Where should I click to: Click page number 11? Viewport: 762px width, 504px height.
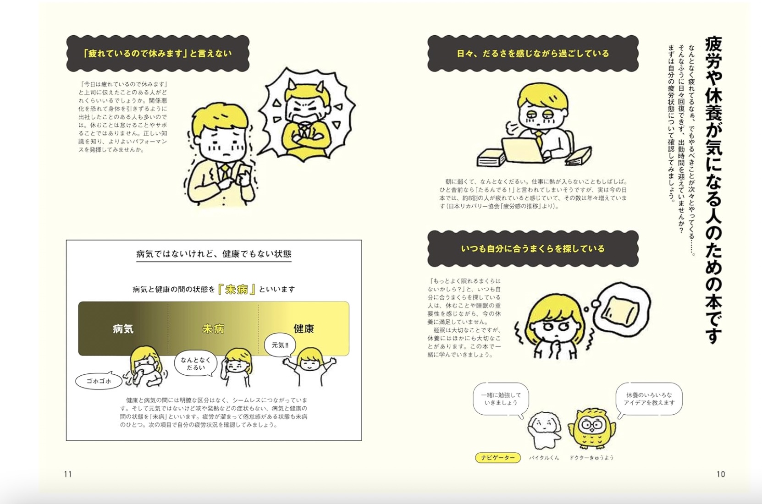tap(68, 474)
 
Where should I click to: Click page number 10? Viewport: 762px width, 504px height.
tap(721, 474)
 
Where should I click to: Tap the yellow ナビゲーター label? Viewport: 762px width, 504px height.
tap(498, 458)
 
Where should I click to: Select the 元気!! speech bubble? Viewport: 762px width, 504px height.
tap(280, 345)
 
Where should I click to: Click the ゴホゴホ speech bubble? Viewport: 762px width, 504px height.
tap(99, 381)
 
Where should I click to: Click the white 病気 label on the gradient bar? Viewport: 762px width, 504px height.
tap(123, 329)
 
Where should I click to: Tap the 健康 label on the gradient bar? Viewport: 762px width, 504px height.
tap(304, 329)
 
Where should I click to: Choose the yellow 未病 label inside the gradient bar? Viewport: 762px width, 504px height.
tap(213, 329)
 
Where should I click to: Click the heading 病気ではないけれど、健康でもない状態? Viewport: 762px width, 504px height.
tap(214, 254)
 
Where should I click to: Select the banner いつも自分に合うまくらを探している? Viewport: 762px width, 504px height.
tap(533, 249)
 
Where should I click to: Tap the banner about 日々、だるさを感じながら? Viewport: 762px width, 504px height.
tap(533, 54)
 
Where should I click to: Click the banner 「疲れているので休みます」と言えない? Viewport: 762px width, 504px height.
tap(158, 54)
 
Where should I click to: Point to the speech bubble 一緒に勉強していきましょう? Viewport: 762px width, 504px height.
tap(501, 399)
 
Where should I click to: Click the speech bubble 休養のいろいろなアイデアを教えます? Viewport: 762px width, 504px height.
tap(649, 399)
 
